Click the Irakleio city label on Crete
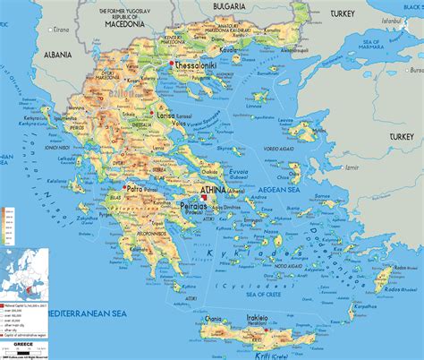280,320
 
